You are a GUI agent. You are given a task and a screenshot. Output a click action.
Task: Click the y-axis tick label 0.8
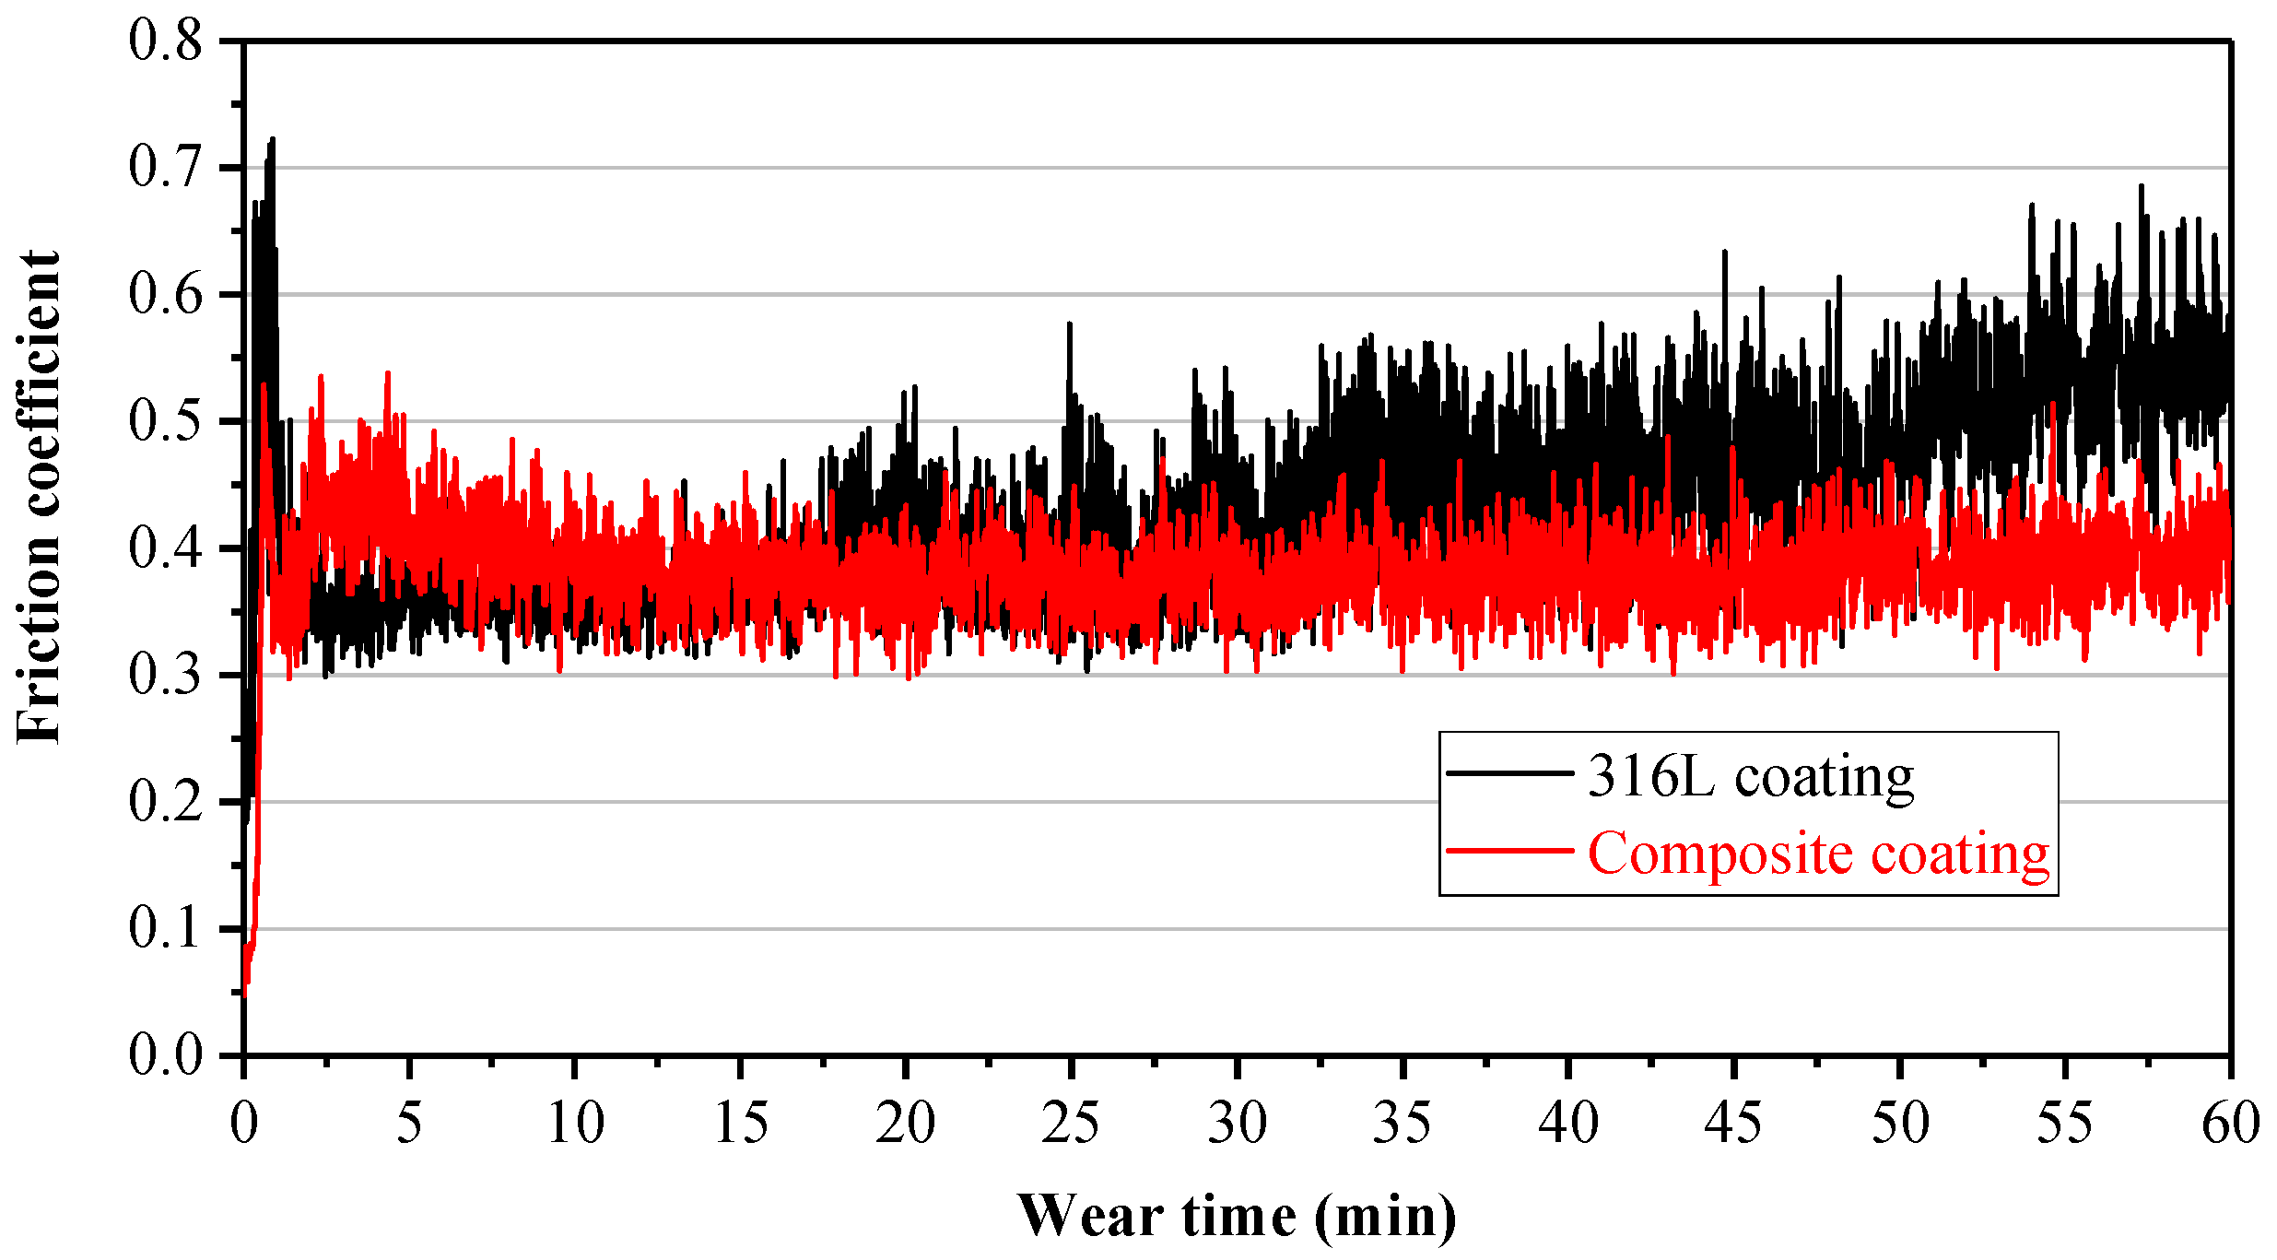(x=165, y=41)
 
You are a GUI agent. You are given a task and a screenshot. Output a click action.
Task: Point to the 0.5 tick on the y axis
(x=165, y=421)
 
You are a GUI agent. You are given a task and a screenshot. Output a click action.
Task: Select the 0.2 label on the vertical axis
(x=165, y=801)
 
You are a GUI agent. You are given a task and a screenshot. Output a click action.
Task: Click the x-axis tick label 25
(x=1070, y=1124)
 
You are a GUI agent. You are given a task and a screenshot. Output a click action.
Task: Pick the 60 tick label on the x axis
(x=2230, y=1124)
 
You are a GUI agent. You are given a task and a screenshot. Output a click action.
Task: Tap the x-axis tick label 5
(x=409, y=1124)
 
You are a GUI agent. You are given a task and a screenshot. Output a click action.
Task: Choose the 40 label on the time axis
(x=1567, y=1124)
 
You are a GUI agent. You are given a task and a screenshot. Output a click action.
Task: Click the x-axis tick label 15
(x=740, y=1124)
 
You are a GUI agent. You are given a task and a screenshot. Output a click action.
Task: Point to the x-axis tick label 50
(x=1899, y=1124)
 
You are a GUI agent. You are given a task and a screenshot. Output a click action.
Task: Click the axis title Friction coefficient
(x=39, y=498)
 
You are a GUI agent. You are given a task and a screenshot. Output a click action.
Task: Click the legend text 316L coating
(x=1751, y=776)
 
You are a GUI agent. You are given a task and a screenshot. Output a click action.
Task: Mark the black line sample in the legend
(x=1509, y=773)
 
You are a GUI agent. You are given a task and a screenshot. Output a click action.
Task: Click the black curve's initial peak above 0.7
(x=272, y=141)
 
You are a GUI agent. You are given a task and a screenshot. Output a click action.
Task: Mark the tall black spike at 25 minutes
(x=1069, y=324)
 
